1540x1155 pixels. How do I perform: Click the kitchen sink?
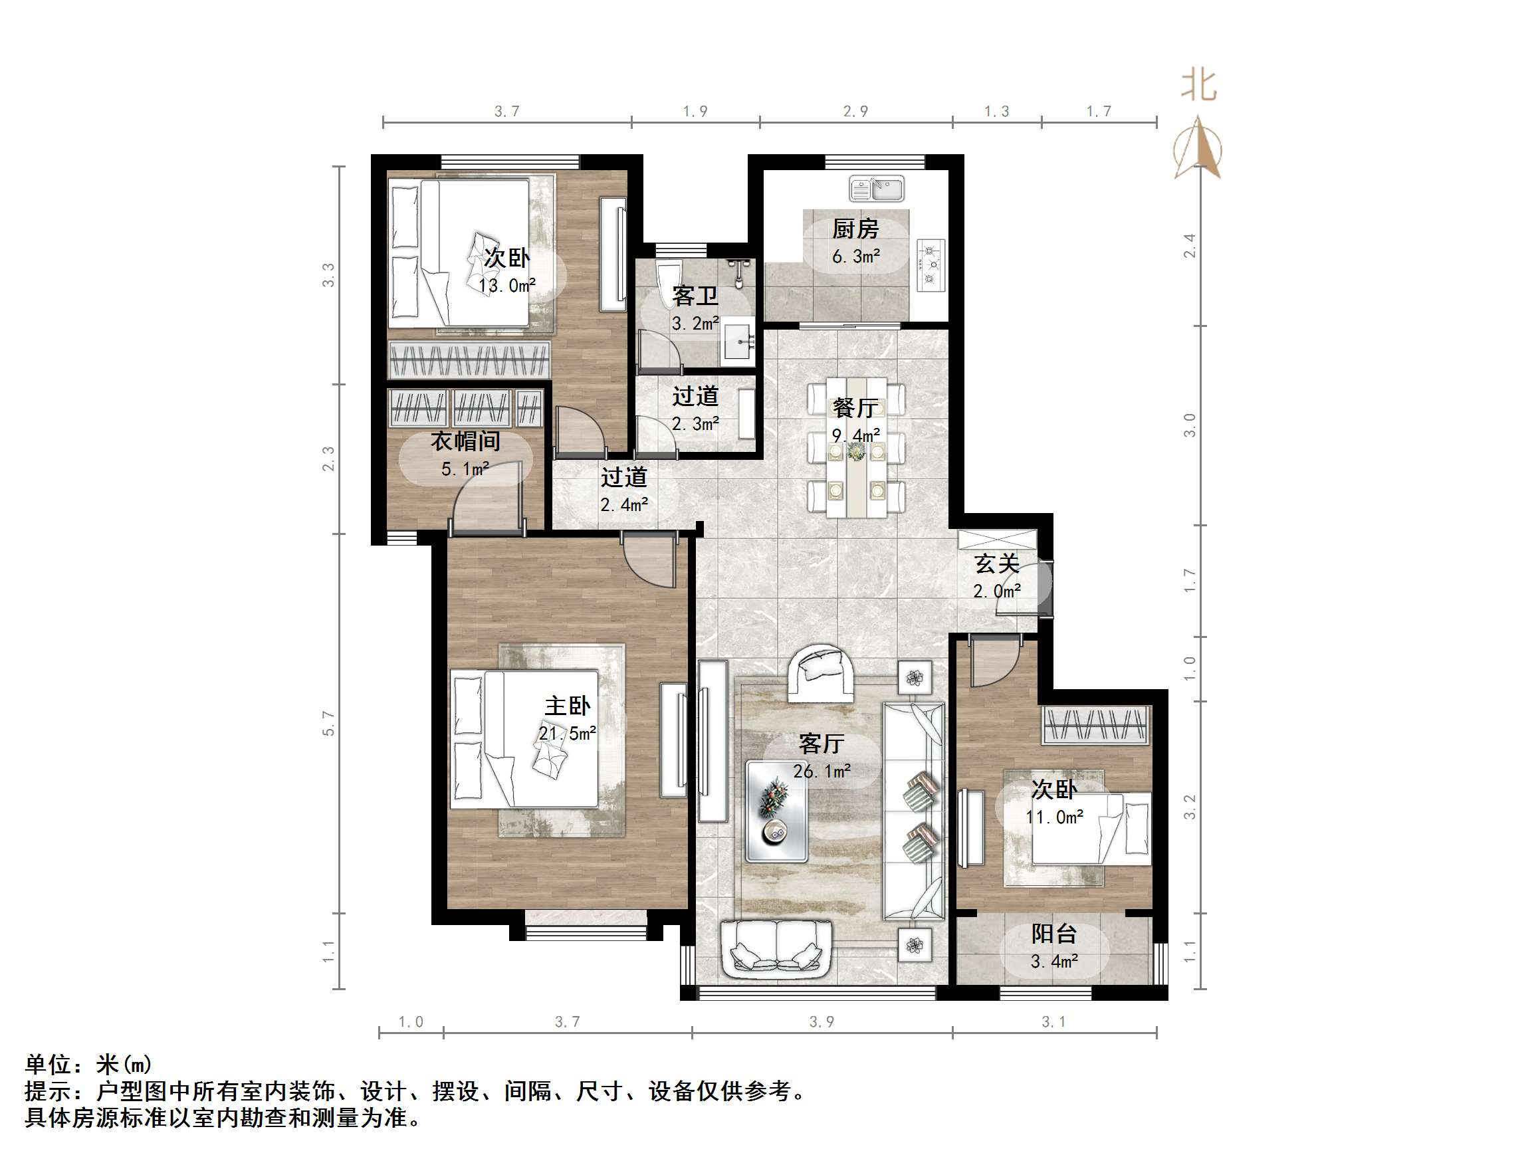point(877,189)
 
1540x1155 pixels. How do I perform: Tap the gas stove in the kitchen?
point(930,264)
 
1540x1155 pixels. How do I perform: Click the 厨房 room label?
point(855,229)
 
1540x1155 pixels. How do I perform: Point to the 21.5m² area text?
point(567,734)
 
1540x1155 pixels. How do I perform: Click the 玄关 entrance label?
point(996,564)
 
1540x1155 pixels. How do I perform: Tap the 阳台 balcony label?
point(1054,934)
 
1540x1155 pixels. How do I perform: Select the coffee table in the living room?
point(776,811)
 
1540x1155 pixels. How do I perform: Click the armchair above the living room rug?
point(821,673)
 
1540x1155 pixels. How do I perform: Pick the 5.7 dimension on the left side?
point(328,723)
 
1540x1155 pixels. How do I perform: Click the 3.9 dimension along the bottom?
point(822,1021)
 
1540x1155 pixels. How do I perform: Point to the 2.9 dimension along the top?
point(855,112)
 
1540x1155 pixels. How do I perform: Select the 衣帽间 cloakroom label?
point(465,441)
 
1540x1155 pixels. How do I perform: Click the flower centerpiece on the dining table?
point(856,453)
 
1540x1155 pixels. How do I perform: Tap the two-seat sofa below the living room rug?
point(777,948)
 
